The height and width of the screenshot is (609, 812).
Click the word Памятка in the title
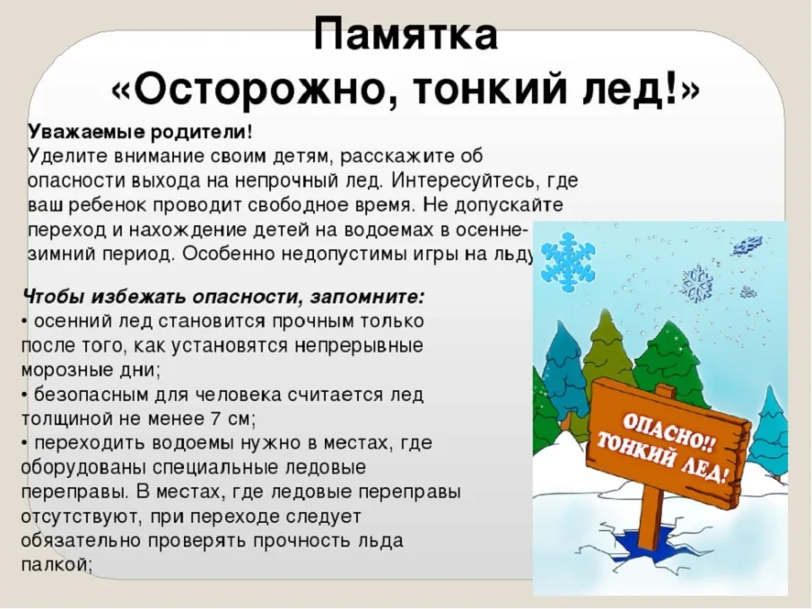click(406, 36)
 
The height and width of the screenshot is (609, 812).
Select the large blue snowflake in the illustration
click(565, 261)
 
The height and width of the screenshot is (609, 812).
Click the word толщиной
click(63, 418)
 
